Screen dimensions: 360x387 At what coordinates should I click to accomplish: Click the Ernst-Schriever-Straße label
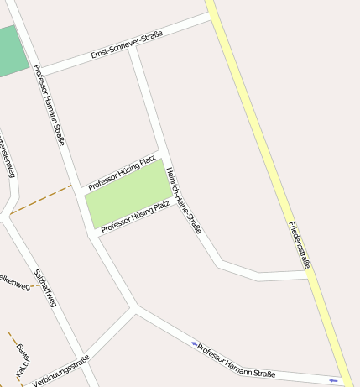coord(126,45)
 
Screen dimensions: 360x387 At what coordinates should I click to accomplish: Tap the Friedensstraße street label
coord(300,244)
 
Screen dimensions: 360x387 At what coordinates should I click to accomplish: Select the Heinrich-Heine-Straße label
coord(184,201)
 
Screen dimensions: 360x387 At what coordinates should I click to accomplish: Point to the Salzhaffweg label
coord(45,287)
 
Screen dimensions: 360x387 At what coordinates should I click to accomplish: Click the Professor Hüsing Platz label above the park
coord(122,172)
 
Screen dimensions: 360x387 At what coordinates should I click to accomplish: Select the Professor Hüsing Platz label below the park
coord(135,216)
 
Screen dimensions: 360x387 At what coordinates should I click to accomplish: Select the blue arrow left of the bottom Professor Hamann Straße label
coord(194,343)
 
